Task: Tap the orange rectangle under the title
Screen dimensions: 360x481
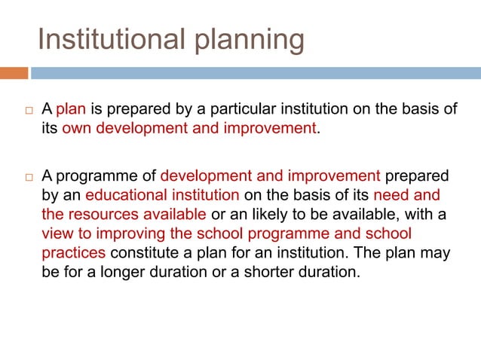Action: (14, 73)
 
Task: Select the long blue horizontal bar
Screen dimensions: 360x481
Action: (255, 73)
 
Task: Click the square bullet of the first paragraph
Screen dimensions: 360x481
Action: (26, 110)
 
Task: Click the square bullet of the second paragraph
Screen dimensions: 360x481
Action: (26, 178)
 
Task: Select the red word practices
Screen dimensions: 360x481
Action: (72, 253)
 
